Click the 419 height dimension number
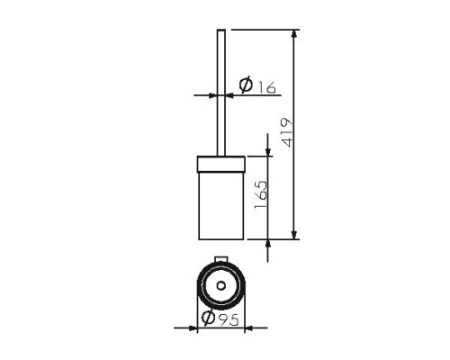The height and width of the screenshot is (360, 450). point(287,132)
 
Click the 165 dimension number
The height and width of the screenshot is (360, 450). point(260,194)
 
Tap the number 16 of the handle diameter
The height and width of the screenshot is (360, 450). point(266,87)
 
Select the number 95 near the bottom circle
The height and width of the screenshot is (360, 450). point(229,319)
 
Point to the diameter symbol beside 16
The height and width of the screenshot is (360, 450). point(246,85)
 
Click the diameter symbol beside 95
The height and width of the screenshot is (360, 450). point(209,317)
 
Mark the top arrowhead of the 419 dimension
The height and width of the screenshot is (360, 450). point(294,33)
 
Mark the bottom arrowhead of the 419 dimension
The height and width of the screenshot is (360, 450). point(294,235)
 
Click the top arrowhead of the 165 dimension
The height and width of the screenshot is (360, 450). point(268,152)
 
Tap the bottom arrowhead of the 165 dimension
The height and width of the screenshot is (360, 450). point(268,244)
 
